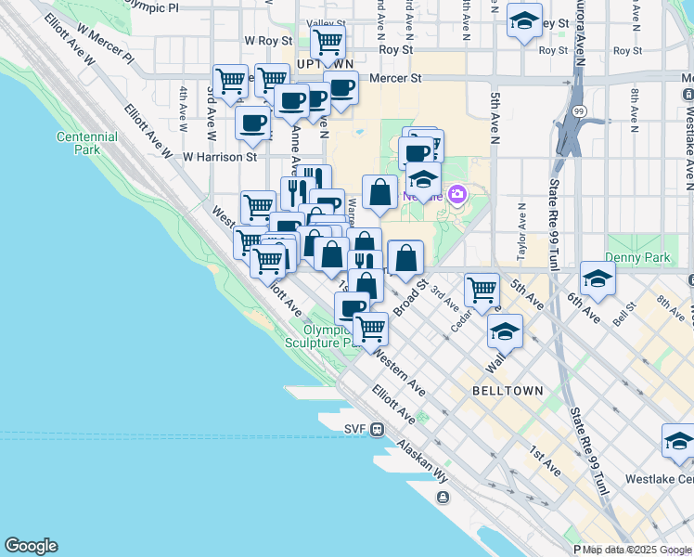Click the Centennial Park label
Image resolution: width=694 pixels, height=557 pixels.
(x=86, y=143)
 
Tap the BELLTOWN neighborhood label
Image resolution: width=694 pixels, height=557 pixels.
(x=508, y=391)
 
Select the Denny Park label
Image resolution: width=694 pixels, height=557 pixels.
(x=630, y=256)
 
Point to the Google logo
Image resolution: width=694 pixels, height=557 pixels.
(x=31, y=546)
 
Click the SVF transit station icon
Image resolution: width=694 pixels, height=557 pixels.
(x=378, y=429)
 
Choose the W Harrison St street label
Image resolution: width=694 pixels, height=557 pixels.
(x=219, y=157)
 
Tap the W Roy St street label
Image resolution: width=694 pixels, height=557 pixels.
(x=268, y=41)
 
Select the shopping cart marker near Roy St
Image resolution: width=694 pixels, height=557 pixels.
(x=328, y=41)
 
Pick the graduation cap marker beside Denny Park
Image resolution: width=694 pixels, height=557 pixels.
(x=598, y=278)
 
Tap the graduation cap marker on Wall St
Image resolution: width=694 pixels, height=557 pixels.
(x=505, y=330)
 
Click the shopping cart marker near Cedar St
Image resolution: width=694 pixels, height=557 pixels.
(x=482, y=290)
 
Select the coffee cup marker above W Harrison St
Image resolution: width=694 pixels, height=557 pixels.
(x=252, y=123)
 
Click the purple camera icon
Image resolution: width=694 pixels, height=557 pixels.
(x=456, y=195)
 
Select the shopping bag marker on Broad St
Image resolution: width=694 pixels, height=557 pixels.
(x=406, y=257)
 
